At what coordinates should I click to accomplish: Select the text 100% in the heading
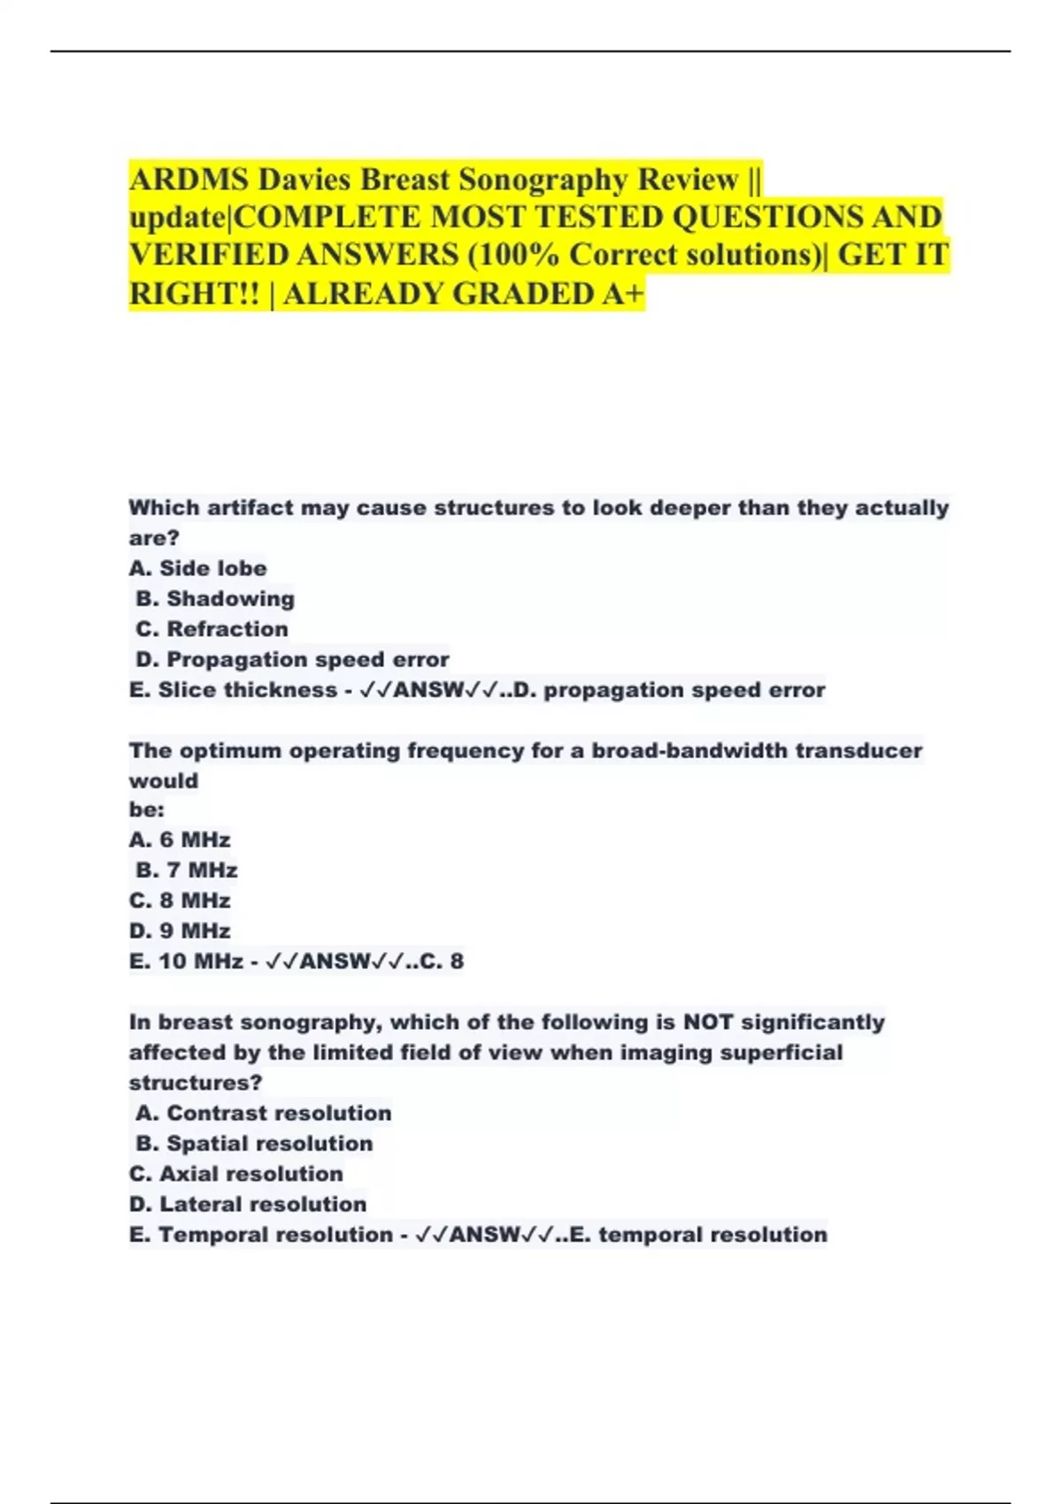518,255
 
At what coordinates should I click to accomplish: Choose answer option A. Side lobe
197,568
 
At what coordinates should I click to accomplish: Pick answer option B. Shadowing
215,599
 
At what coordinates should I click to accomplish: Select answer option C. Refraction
212,629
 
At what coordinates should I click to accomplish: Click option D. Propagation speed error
292,659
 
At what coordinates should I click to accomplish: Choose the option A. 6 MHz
180,840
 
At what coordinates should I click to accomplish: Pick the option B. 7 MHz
187,871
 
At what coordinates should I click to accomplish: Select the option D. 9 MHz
180,931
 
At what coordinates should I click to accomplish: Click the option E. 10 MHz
186,961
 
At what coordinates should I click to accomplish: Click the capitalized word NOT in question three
708,1023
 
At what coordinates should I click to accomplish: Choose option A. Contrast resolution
264,1113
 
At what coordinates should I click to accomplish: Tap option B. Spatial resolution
254,1143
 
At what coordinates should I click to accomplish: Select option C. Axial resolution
236,1174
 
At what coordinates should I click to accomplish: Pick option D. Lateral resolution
248,1204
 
